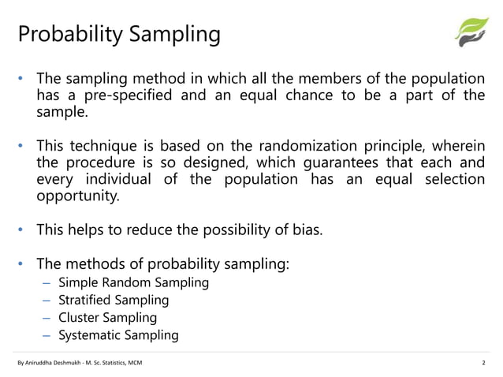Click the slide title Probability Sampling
[x=119, y=35]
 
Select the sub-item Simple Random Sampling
[x=134, y=282]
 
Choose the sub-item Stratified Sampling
[x=114, y=300]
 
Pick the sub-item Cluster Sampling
[x=107, y=318]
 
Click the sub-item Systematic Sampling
[x=118, y=335]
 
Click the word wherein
[x=457, y=146]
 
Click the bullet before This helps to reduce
[x=23, y=230]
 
